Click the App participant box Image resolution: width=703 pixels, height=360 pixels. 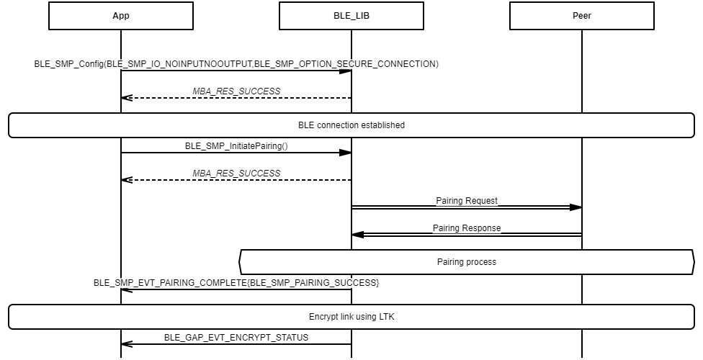click(121, 16)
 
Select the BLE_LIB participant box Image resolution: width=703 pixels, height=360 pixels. click(351, 16)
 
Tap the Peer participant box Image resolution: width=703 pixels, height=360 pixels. click(582, 16)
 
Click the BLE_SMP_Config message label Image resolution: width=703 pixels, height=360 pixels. click(236, 64)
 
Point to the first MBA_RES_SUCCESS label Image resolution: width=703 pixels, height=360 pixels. click(236, 91)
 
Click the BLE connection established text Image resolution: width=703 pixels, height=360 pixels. click(351, 125)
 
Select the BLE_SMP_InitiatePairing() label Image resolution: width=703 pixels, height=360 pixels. click(236, 145)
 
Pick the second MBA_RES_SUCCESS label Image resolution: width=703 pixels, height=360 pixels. click(236, 174)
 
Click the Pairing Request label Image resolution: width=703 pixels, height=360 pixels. click(467, 201)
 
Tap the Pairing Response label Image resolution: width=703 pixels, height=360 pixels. click(467, 228)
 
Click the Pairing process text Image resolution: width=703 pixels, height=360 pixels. click(467, 262)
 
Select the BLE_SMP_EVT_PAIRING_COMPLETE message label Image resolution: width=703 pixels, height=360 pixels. click(236, 283)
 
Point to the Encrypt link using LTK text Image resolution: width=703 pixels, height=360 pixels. click(351, 317)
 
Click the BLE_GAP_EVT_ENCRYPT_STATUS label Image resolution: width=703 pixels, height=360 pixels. click(236, 337)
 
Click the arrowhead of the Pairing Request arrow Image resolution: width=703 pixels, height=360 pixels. click(576, 207)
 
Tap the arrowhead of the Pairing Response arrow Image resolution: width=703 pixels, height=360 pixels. click(358, 235)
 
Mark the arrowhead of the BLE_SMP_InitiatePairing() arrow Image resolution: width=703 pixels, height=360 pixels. click(345, 153)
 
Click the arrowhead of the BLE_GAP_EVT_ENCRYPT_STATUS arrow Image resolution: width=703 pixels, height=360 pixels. click(127, 344)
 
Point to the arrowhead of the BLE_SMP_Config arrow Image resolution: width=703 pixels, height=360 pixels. click(345, 71)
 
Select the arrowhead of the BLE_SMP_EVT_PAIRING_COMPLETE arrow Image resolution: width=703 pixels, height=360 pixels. click(127, 289)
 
